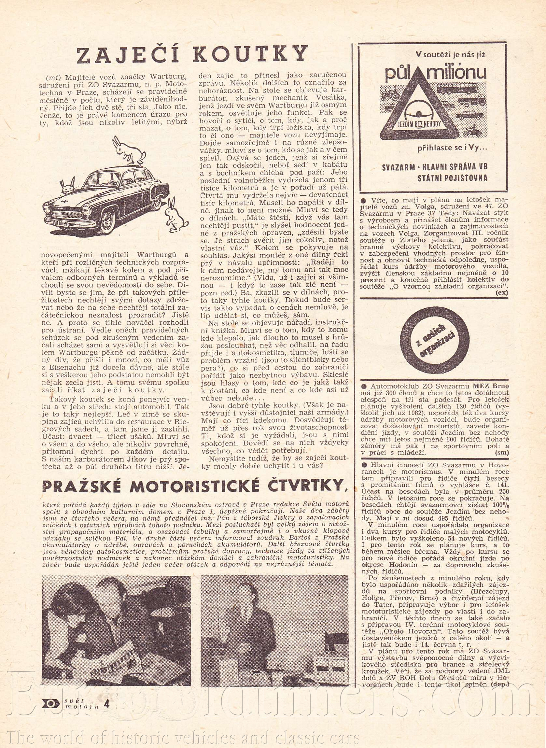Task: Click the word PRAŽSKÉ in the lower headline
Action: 83,486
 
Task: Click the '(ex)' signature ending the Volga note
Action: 502,292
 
